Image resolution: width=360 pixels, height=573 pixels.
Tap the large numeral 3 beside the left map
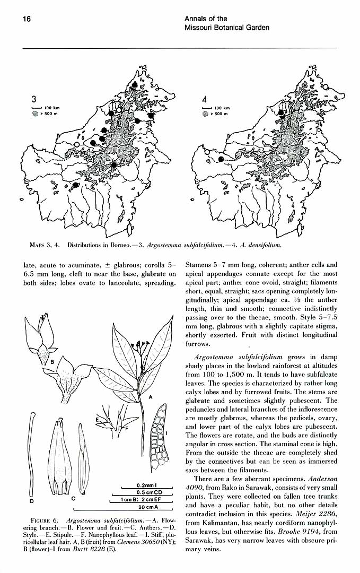click(33, 99)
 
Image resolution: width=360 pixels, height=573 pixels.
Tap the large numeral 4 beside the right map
click(205, 99)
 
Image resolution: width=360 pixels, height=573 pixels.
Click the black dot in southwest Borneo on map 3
click(76, 185)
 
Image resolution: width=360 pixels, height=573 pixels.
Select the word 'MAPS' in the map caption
click(38, 245)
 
